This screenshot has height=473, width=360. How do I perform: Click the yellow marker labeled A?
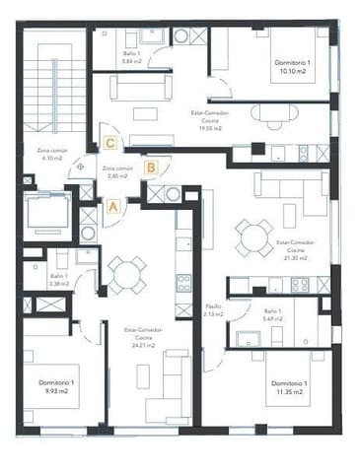pyautogui.click(x=113, y=207)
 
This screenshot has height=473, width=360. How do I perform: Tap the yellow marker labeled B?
pyautogui.click(x=151, y=168)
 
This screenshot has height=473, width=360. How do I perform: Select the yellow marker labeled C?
pyautogui.click(x=110, y=143)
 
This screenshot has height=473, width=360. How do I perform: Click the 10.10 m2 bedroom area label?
pyautogui.click(x=294, y=66)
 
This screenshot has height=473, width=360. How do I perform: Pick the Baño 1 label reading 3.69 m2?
pyautogui.click(x=275, y=315)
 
